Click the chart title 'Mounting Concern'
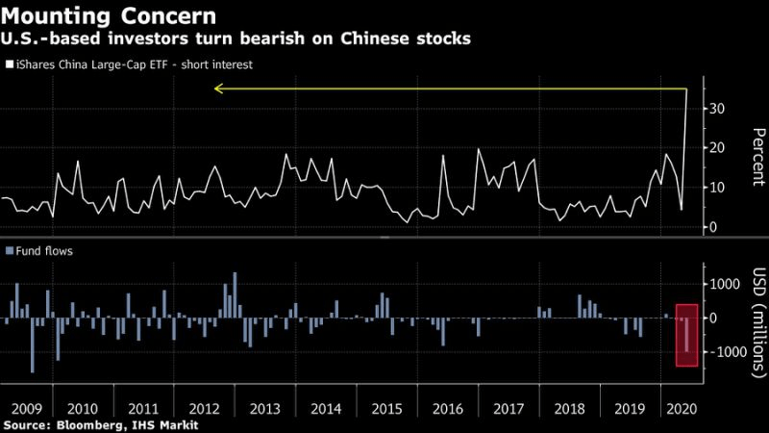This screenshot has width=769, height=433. [x=111, y=16]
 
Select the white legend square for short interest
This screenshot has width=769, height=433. [x=9, y=66]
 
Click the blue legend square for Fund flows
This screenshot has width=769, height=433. [x=9, y=251]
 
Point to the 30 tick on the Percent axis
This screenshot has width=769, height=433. [x=716, y=109]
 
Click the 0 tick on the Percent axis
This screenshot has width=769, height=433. [x=712, y=227]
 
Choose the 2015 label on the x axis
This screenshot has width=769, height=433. [x=385, y=407]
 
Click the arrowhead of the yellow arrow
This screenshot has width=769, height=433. [x=218, y=89]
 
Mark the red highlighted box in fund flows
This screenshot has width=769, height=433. [x=686, y=335]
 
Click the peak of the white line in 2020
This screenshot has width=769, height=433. [x=686, y=89]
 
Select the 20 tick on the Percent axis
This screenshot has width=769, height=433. [x=716, y=148]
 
